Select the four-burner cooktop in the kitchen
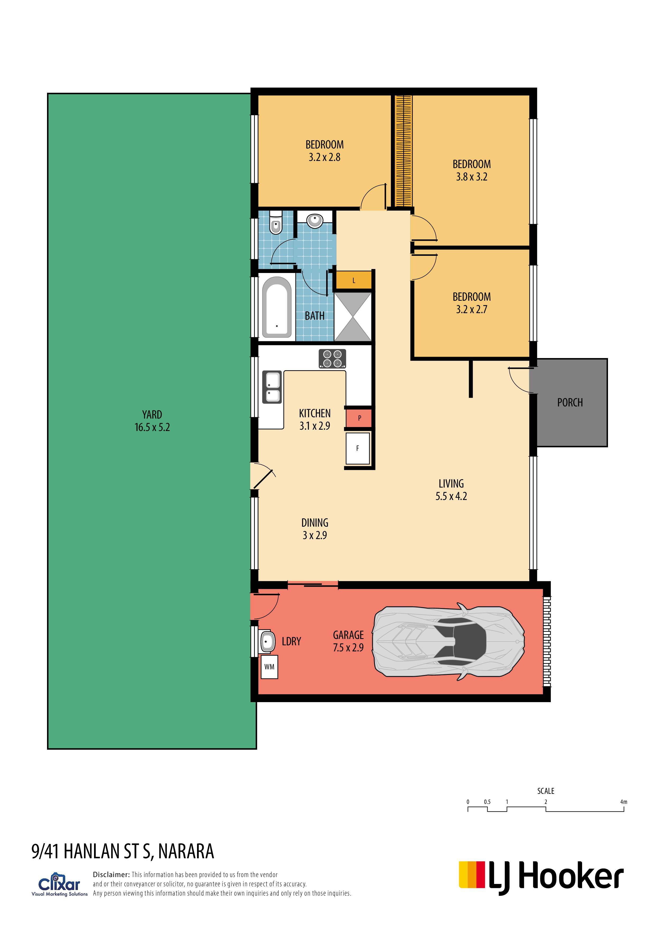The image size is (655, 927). (x=332, y=359)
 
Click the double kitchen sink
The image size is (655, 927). (x=272, y=387)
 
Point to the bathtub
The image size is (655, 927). (x=277, y=307)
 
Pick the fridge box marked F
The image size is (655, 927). (x=358, y=448)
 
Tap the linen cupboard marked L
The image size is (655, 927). (x=354, y=280)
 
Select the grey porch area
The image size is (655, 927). (x=572, y=402)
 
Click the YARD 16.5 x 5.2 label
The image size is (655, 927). (x=152, y=421)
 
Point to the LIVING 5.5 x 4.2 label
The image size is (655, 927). (x=451, y=490)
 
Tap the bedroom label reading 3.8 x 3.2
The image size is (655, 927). (x=472, y=177)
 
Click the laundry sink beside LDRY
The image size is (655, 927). (x=267, y=641)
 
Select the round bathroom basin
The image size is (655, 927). (x=314, y=221)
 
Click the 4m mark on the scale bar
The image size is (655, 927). (x=624, y=802)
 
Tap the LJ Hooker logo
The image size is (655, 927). (x=541, y=879)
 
